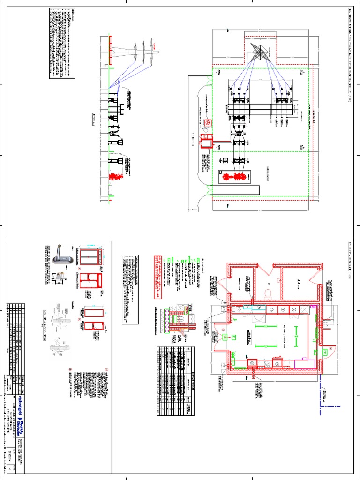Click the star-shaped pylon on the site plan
[256, 51]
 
